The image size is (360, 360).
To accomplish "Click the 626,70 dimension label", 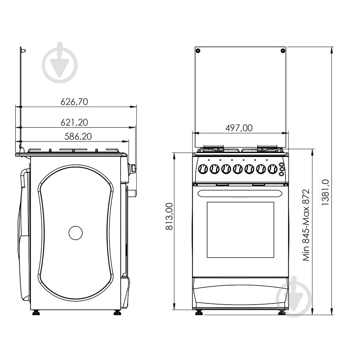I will click(x=74, y=102).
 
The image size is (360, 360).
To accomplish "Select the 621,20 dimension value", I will click(x=74, y=122).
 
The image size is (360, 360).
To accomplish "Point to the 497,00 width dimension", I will click(x=239, y=128).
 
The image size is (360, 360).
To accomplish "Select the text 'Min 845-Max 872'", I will click(x=306, y=225).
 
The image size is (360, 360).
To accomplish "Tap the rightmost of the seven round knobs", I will click(x=271, y=168).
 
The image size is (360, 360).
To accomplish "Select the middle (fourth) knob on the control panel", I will click(x=237, y=168).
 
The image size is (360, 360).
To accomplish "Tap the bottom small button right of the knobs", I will click(x=282, y=173).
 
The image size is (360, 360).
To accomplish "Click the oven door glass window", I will click(x=240, y=230).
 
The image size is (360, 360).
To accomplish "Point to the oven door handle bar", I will click(x=240, y=193).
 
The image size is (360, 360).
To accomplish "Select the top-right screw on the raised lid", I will click(x=283, y=50).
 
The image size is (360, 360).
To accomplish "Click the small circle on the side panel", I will click(x=76, y=233).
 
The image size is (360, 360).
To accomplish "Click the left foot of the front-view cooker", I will click(x=199, y=312).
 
